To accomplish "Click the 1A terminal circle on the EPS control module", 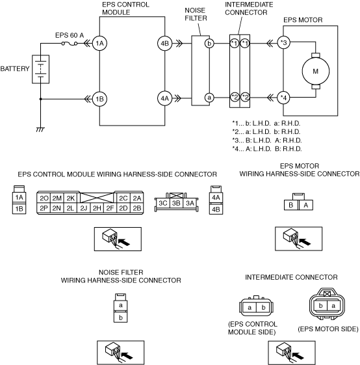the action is (99, 44).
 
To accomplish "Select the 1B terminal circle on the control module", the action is (99, 99).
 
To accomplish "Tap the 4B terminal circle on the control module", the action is (164, 44).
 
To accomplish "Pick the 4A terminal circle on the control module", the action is (164, 98).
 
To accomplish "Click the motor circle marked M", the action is (316, 71).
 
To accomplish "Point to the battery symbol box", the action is (41, 69).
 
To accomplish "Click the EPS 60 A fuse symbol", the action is (70, 44).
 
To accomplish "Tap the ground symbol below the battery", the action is (40, 129).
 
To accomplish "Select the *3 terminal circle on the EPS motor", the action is (284, 43).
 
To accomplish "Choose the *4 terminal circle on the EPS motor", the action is (284, 98).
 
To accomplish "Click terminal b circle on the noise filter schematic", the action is (209, 44).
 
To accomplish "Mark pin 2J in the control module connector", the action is (84, 208).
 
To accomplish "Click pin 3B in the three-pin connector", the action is (176, 203).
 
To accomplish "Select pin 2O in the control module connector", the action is (44, 198).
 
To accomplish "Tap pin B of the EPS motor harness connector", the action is (290, 205).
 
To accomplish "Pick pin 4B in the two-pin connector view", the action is (216, 210).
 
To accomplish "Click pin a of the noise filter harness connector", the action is (120, 305).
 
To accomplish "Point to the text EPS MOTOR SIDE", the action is (328, 329).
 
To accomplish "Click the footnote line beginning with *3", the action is (266, 141).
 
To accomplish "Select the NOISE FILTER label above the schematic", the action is (196, 14).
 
